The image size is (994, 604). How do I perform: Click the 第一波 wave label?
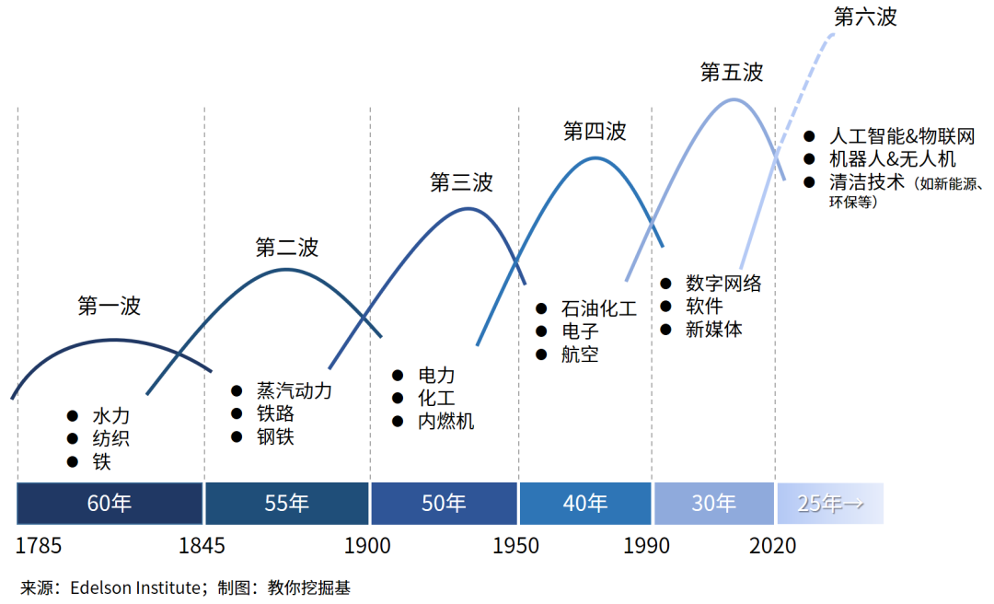tap(110, 307)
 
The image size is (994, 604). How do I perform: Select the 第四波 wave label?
tap(595, 132)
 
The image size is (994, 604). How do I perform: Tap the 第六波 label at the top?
tap(864, 17)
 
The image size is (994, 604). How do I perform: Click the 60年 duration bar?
tap(110, 504)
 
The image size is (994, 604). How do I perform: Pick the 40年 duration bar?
tap(585, 504)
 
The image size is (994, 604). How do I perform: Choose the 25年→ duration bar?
tap(829, 504)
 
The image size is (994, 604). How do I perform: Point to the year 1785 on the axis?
tap(39, 546)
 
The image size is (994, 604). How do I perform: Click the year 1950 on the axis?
tap(516, 546)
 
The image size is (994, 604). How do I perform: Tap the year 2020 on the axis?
tap(773, 546)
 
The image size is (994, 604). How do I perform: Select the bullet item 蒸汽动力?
tap(294, 391)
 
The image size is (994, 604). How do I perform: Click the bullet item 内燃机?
tap(446, 422)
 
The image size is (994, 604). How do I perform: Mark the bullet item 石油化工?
tap(598, 308)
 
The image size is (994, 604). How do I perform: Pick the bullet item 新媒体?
tap(713, 330)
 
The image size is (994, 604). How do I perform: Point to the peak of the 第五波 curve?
tap(734, 99)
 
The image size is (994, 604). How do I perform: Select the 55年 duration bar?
tap(287, 504)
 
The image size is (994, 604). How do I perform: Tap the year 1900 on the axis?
tap(367, 546)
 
